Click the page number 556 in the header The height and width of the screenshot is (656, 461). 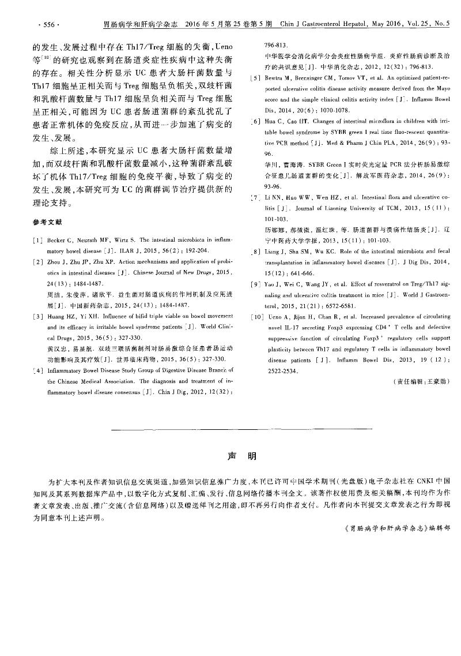[48, 25]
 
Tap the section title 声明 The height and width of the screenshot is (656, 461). [239, 456]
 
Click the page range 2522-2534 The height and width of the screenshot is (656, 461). [281, 371]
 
